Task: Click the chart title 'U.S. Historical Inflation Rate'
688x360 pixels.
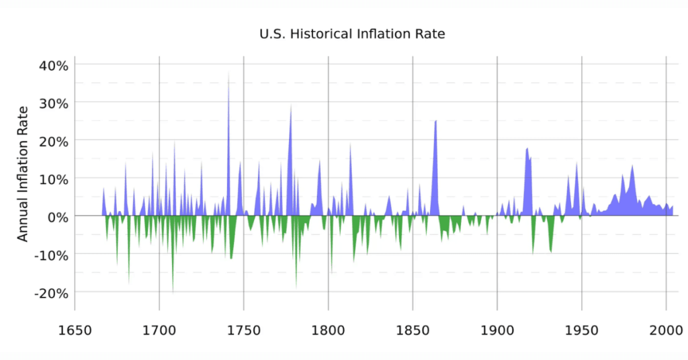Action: pos(352,33)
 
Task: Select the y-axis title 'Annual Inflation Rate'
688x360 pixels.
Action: pos(23,173)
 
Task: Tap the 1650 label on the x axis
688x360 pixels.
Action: pos(75,329)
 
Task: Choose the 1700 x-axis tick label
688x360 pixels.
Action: pos(159,329)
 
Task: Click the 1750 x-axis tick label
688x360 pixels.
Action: pos(243,329)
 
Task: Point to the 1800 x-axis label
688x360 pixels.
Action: pos(328,329)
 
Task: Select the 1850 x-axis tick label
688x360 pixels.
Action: pos(413,329)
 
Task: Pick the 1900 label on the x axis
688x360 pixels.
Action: pos(497,329)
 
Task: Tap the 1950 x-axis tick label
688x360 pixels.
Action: pos(581,329)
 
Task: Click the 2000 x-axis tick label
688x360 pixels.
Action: pos(665,329)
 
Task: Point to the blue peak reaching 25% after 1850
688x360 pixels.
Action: pos(435,124)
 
